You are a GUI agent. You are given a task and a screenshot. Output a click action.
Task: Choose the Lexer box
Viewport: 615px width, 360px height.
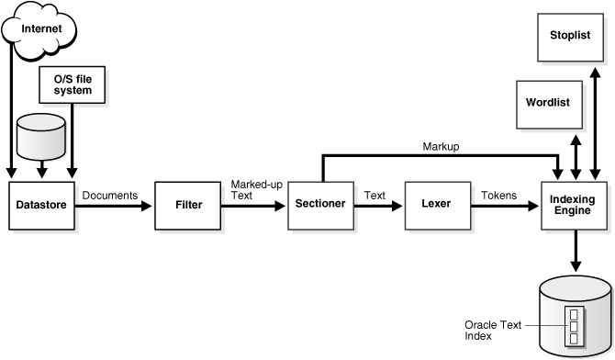point(437,203)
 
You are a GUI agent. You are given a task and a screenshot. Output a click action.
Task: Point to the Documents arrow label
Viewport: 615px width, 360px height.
point(109,196)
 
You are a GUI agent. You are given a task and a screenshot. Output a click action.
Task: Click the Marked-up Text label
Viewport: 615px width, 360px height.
point(255,189)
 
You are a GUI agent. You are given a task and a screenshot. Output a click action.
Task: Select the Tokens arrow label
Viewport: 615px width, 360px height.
point(498,196)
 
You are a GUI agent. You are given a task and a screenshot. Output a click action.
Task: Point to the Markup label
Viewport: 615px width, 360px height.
point(441,147)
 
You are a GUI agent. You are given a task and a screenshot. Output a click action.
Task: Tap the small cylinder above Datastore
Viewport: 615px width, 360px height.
point(40,136)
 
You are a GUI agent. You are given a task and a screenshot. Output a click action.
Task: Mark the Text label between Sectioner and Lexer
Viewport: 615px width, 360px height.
point(375,196)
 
